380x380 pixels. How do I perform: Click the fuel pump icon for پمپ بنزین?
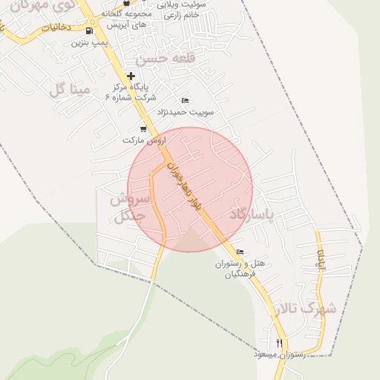click(90, 31)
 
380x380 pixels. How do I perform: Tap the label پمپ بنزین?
click(90, 43)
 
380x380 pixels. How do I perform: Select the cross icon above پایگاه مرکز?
click(131, 76)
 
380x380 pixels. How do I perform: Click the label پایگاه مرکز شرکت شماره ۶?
click(136, 92)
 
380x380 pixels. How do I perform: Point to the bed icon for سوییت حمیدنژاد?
click(186, 101)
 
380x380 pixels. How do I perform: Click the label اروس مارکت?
click(143, 140)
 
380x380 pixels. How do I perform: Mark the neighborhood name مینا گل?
click(69, 91)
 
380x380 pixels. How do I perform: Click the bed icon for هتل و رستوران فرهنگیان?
click(239, 252)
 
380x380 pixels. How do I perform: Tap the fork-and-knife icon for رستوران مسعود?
click(279, 343)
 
